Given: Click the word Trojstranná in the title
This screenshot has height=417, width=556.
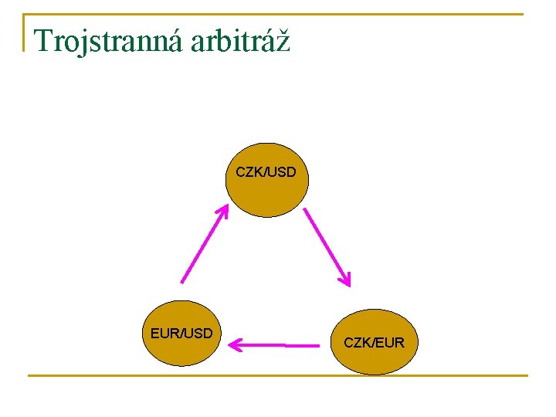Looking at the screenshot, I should (107, 40).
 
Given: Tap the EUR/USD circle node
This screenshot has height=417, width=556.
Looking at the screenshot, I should (181, 334).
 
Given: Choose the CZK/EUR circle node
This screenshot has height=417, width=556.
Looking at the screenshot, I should (374, 341).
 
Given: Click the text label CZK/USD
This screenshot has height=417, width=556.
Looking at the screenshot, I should (266, 171).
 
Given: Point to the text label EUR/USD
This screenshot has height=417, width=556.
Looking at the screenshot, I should (181, 334).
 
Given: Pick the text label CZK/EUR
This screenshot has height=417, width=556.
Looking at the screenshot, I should (374, 341).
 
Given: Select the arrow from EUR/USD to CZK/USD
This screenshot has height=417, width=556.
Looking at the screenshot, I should (204, 244).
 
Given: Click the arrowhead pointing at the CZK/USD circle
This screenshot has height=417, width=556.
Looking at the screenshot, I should (224, 211).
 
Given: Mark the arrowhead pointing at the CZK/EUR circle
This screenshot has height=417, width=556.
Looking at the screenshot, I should (346, 279).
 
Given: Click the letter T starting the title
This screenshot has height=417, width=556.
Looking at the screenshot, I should (43, 40).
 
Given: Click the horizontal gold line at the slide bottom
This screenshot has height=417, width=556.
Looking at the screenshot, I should (278, 376).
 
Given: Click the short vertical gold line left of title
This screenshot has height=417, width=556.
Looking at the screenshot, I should (24, 32).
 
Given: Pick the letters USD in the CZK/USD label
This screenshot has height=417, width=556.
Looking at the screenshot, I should (280, 171).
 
